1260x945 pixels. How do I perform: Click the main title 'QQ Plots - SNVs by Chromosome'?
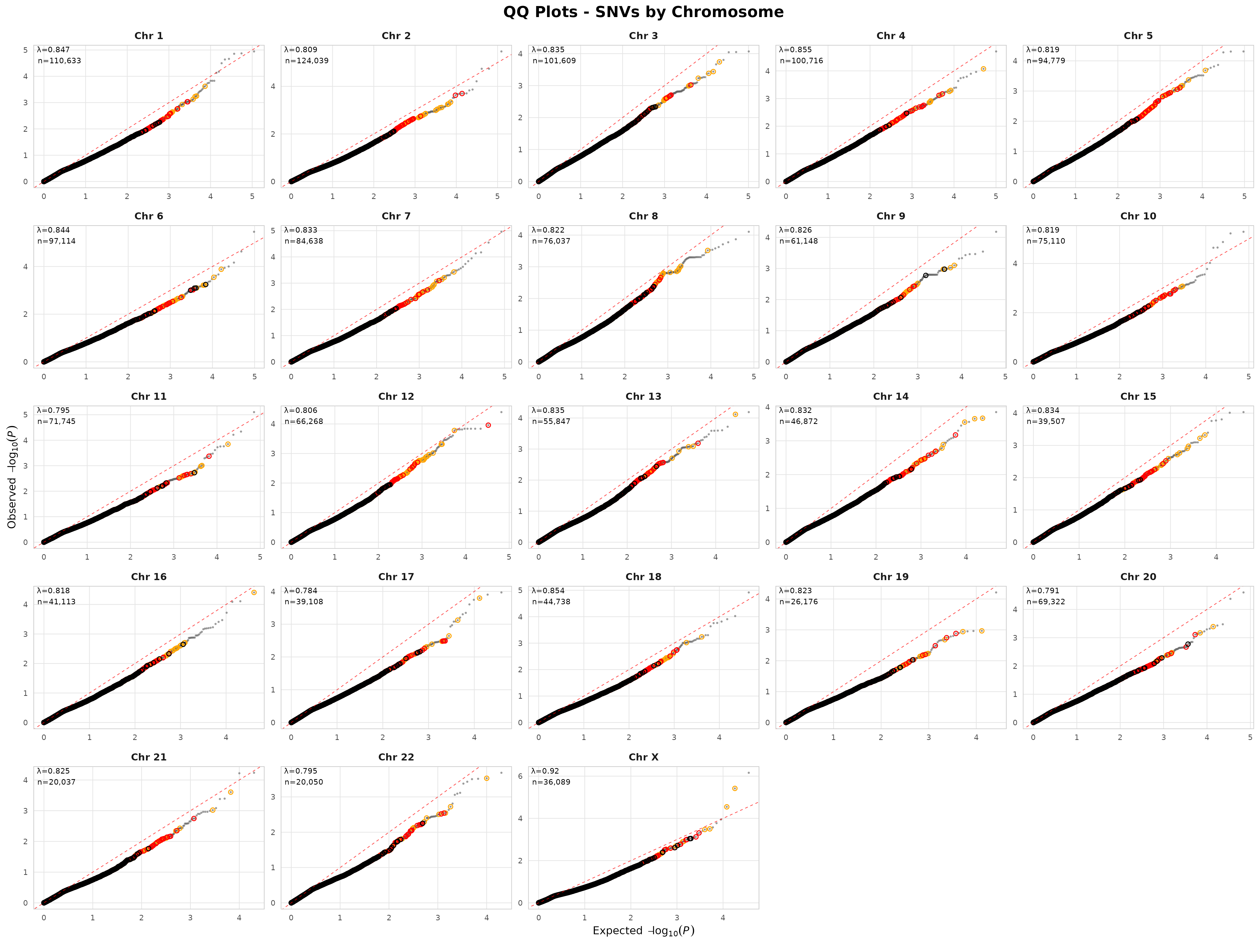tap(643, 12)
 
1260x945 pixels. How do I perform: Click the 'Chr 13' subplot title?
tap(643, 396)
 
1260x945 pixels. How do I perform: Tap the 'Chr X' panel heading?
tap(643, 757)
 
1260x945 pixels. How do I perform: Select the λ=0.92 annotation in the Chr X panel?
tap(545, 771)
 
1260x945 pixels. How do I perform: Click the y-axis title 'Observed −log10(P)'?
tap(12, 476)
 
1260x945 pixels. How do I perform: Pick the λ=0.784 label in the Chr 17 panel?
tap(301, 591)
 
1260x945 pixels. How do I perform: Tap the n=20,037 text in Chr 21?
tap(56, 782)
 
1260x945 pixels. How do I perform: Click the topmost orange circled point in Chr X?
tap(735, 788)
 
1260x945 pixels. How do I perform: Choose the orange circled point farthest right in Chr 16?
tap(254, 592)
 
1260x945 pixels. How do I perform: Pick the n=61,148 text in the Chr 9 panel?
tap(798, 241)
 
